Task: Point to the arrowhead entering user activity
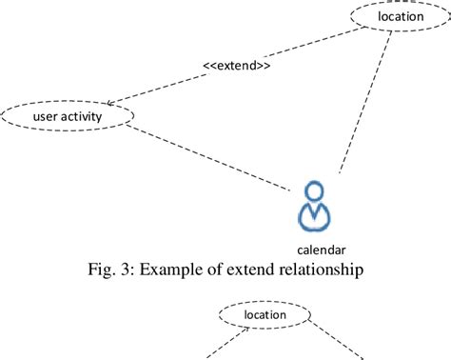(112, 102)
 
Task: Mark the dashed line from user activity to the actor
(209, 155)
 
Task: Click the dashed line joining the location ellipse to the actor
(366, 105)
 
